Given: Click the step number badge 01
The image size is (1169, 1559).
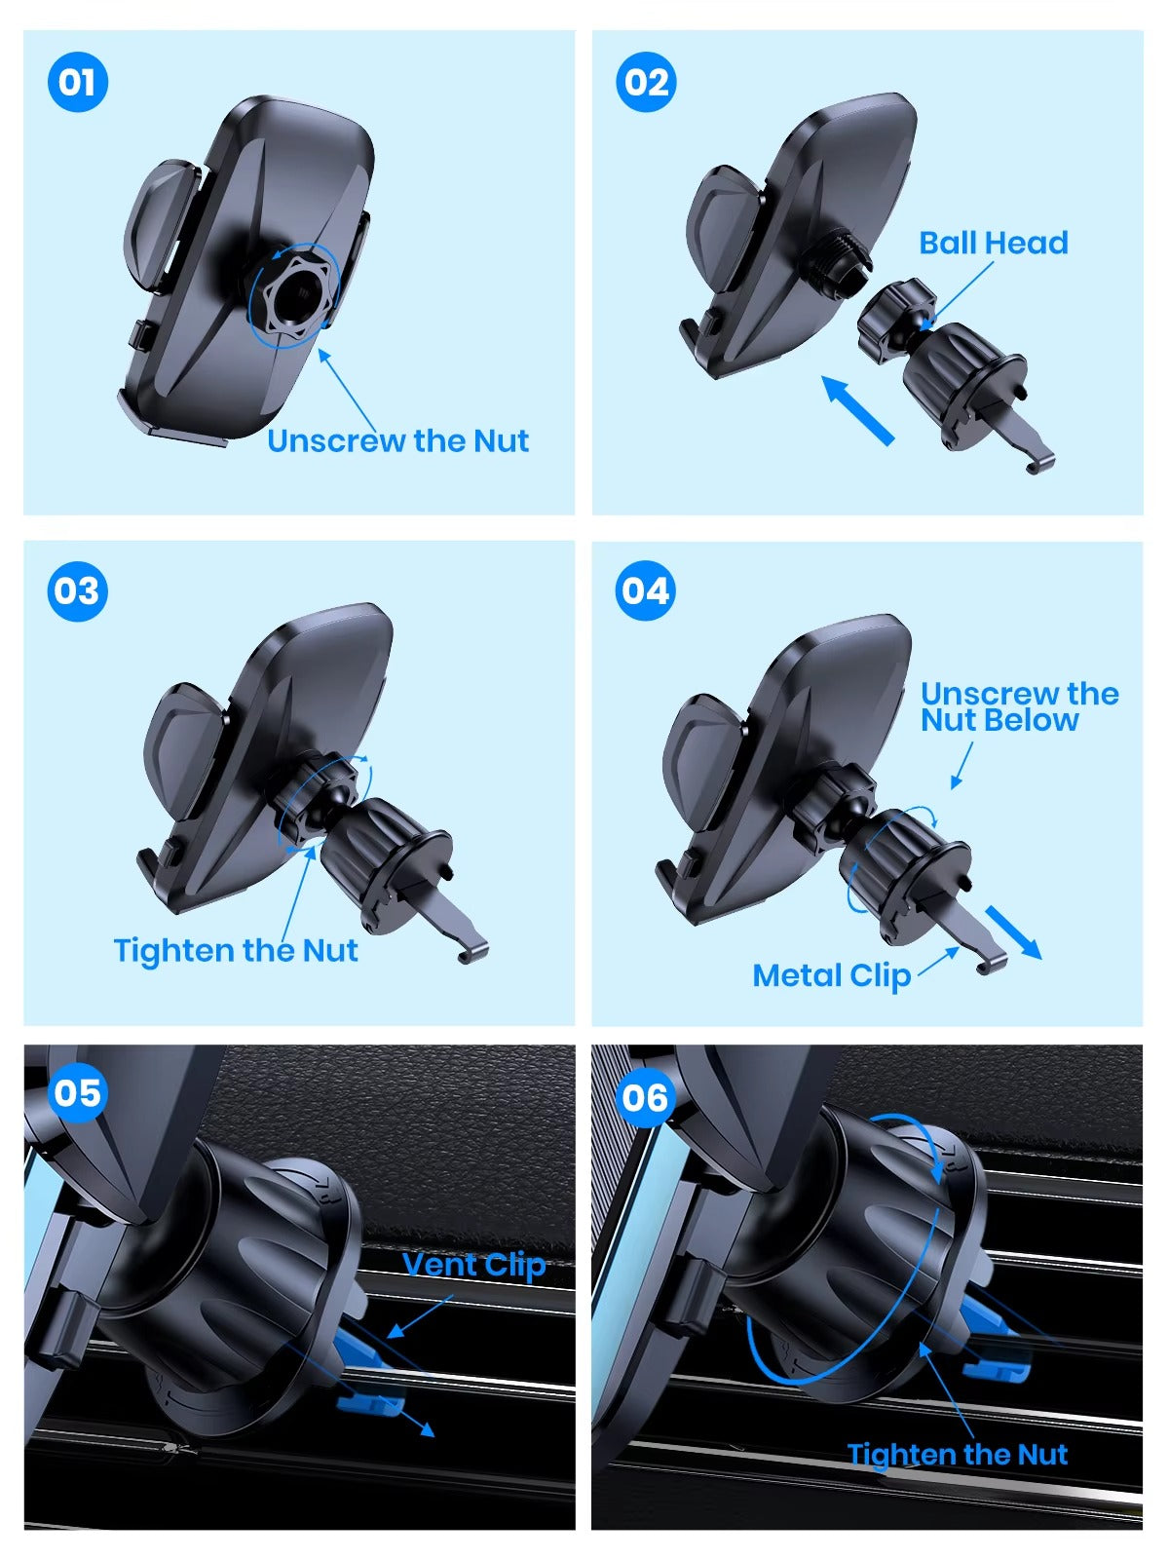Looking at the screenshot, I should [x=77, y=82].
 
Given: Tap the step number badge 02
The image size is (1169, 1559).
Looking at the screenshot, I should [x=646, y=82].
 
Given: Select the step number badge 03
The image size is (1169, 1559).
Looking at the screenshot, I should [x=77, y=591].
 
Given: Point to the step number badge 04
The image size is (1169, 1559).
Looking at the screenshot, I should [x=646, y=591].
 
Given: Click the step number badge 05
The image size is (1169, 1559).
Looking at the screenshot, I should [x=77, y=1092].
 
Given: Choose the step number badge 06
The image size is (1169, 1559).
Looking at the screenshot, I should [x=646, y=1098].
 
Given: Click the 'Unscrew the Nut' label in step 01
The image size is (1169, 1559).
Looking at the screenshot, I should [x=397, y=441].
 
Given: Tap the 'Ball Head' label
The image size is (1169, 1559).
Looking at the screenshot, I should [x=993, y=243].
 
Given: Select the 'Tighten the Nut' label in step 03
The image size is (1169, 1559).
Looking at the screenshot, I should [x=236, y=951].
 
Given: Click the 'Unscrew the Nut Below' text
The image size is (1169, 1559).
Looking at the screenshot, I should [x=1013, y=707].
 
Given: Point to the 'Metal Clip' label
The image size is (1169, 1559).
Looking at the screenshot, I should [x=831, y=975].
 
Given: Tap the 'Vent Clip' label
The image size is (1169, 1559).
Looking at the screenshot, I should [x=474, y=1265].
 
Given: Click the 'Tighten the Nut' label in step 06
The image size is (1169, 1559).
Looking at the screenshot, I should [x=957, y=1455].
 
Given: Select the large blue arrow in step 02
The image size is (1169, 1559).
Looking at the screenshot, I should [x=857, y=410].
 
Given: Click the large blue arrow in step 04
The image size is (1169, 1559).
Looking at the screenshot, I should [x=1013, y=932].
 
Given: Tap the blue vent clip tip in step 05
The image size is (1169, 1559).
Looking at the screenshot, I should [x=370, y=1404].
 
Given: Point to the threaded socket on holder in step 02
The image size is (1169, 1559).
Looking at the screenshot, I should [x=841, y=261].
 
